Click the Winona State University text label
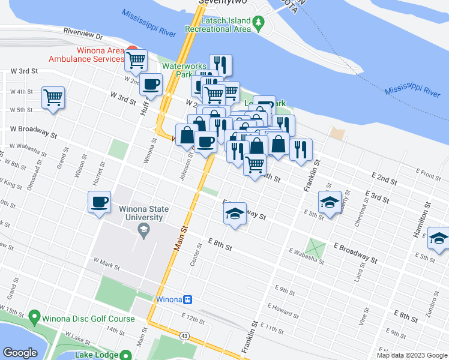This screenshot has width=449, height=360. click(x=143, y=213)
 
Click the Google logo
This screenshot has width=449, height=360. click(x=20, y=352)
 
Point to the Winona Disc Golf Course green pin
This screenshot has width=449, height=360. click(x=34, y=316)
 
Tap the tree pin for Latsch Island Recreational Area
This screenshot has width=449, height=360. click(x=259, y=23)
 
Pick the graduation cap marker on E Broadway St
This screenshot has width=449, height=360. click(x=234, y=214)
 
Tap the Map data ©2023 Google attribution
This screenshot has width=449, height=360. click(x=412, y=355)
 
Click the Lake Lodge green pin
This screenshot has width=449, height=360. click(x=125, y=355)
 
